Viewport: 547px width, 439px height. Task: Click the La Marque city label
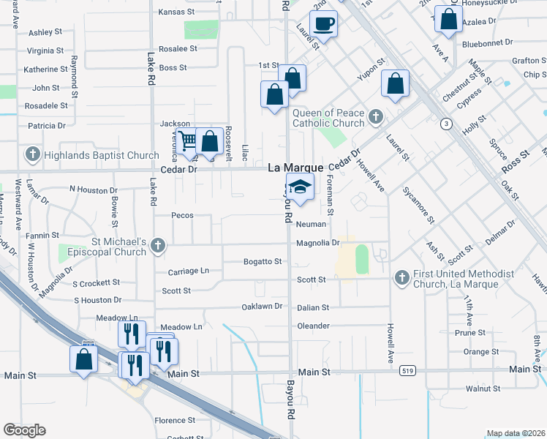[295, 168]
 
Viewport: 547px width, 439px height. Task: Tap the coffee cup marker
[323, 23]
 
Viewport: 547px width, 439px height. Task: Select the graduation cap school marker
[300, 187]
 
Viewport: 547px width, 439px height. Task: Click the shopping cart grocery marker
[188, 140]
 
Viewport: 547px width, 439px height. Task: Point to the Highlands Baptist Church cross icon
[32, 155]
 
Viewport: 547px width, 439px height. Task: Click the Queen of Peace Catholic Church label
[328, 118]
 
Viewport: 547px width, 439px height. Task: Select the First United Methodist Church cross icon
[401, 278]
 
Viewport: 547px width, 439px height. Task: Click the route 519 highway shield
[408, 372]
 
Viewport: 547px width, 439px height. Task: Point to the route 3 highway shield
[445, 124]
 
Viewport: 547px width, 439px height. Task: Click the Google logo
[24, 430]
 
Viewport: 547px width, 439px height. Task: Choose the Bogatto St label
[263, 261]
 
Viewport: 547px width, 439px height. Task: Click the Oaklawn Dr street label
[262, 307]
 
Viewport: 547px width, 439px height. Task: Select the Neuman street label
[310, 225]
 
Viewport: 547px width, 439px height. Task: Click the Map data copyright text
[516, 433]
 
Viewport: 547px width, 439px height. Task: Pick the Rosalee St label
[178, 49]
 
